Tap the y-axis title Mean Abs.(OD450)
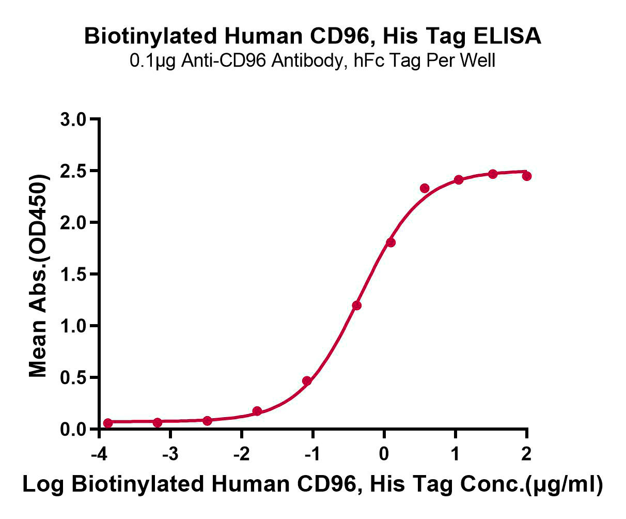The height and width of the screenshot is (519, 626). pyautogui.click(x=39, y=274)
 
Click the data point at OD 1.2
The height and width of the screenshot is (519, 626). pyautogui.click(x=356, y=306)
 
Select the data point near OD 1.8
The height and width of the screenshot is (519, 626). pyautogui.click(x=390, y=242)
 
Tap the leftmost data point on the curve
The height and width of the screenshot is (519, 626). pyautogui.click(x=107, y=423)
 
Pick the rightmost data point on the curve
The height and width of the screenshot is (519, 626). pyautogui.click(x=527, y=176)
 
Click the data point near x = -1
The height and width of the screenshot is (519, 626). pyautogui.click(x=307, y=381)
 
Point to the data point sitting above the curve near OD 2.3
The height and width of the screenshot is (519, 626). pyautogui.click(x=425, y=188)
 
